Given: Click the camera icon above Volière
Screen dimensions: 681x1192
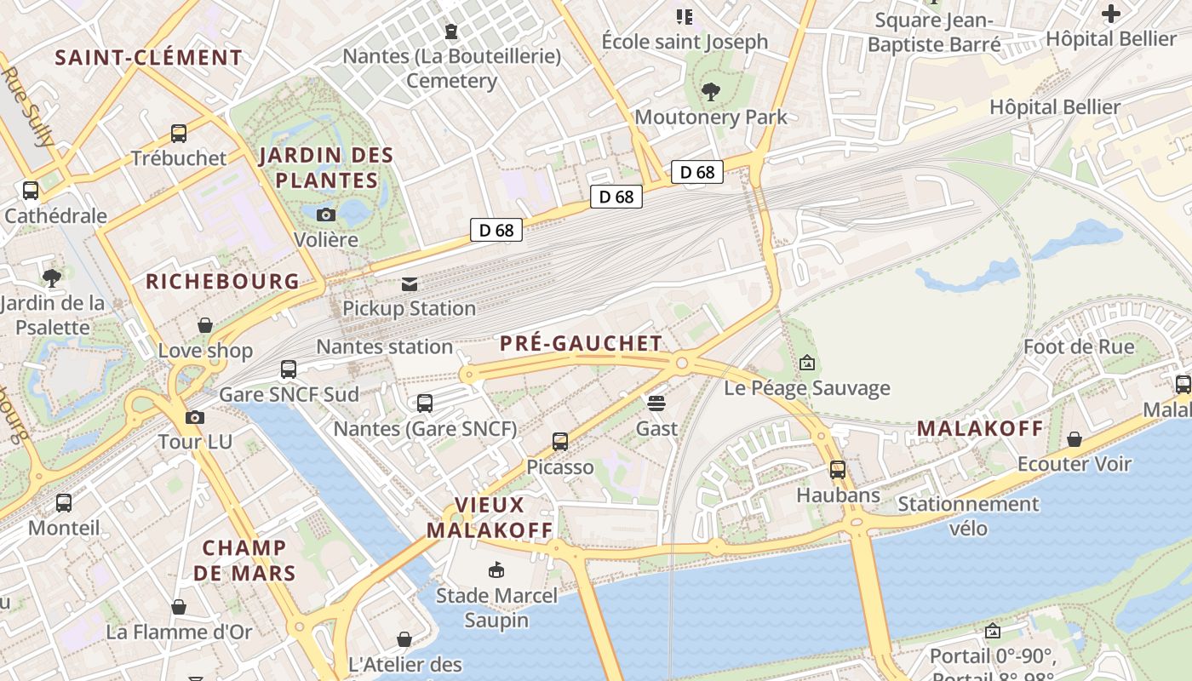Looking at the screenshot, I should click(x=325, y=215).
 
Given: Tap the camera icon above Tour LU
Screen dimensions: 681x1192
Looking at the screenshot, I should click(x=195, y=417).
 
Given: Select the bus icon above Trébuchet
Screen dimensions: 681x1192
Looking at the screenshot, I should click(x=179, y=134).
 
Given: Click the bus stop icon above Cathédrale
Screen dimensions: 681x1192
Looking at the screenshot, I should click(x=31, y=191).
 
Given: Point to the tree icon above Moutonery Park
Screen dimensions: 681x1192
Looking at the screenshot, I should click(x=711, y=92).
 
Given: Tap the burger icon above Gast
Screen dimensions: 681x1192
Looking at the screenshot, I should click(x=656, y=403).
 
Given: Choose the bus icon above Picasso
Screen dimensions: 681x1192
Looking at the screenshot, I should click(x=559, y=442).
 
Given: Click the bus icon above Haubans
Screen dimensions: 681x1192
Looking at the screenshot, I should click(x=838, y=469).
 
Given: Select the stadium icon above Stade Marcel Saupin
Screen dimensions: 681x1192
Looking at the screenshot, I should click(x=496, y=569).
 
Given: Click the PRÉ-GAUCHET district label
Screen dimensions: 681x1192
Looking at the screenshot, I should click(x=581, y=343).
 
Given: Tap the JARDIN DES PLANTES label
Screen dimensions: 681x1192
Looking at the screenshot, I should click(x=326, y=168).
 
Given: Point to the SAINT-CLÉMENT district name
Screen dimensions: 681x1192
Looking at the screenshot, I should click(x=149, y=58).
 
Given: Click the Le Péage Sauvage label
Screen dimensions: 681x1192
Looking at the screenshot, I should click(x=806, y=388).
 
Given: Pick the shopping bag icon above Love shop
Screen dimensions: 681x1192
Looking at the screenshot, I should click(x=205, y=325).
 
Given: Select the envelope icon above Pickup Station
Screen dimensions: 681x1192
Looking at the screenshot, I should click(x=410, y=283).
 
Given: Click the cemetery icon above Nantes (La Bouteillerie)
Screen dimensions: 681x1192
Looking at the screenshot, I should click(x=451, y=31).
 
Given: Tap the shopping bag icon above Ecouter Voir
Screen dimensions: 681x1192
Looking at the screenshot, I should click(x=1075, y=439).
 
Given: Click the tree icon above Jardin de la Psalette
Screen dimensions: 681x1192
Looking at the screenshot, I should click(x=52, y=278).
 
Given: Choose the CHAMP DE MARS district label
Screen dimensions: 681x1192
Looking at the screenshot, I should click(x=244, y=559).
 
